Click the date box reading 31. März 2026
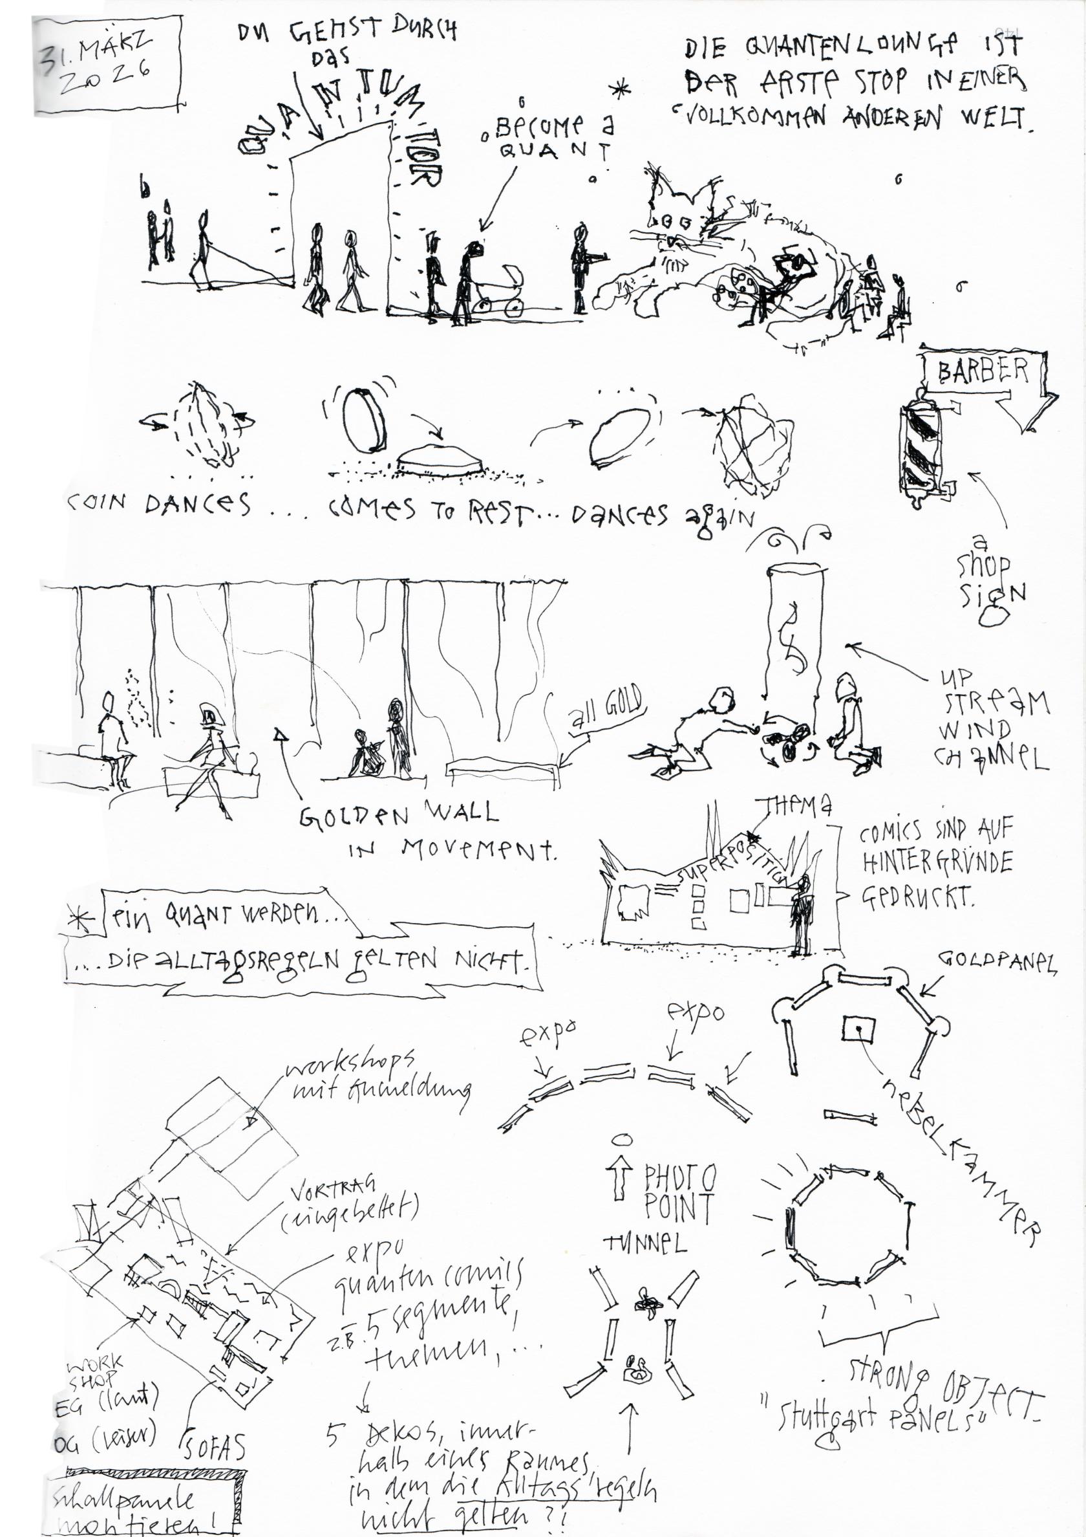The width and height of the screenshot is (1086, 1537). [x=107, y=65]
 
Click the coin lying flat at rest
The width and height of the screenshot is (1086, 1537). [x=440, y=460]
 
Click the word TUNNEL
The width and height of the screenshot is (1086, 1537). [x=645, y=1243]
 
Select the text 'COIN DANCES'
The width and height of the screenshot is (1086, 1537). [x=158, y=505]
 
